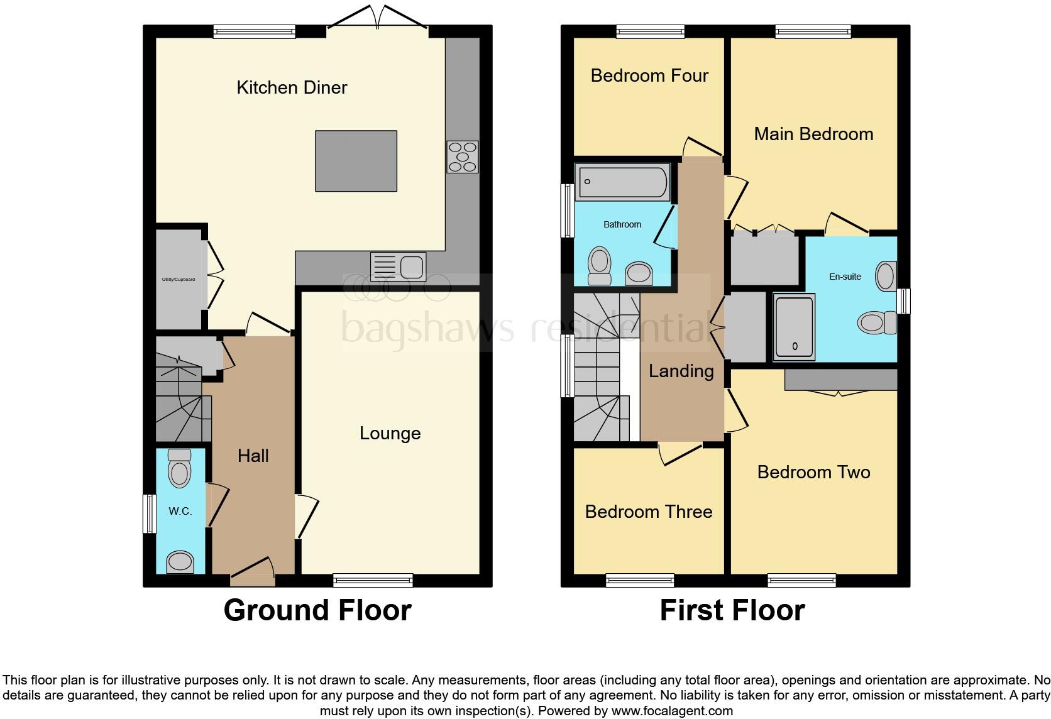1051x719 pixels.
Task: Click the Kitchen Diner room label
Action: tap(292, 87)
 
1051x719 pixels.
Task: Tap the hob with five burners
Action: tap(463, 156)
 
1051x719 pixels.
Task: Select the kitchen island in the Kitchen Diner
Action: tap(356, 161)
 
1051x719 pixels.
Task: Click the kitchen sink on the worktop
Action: tap(399, 266)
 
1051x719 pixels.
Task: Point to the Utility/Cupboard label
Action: tap(179, 280)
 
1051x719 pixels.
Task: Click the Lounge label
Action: tap(390, 433)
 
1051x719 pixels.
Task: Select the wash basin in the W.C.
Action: tap(180, 561)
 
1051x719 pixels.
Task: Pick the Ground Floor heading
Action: tap(317, 610)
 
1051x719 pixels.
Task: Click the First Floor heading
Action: tap(732, 610)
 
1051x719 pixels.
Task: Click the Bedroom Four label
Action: tap(649, 75)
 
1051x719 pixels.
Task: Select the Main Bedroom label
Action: tap(813, 134)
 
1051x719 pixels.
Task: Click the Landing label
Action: tap(681, 371)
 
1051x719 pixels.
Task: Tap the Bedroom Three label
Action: tap(649, 512)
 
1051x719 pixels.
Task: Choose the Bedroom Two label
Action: tap(813, 472)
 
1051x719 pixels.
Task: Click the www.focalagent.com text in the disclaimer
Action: tap(672, 711)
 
